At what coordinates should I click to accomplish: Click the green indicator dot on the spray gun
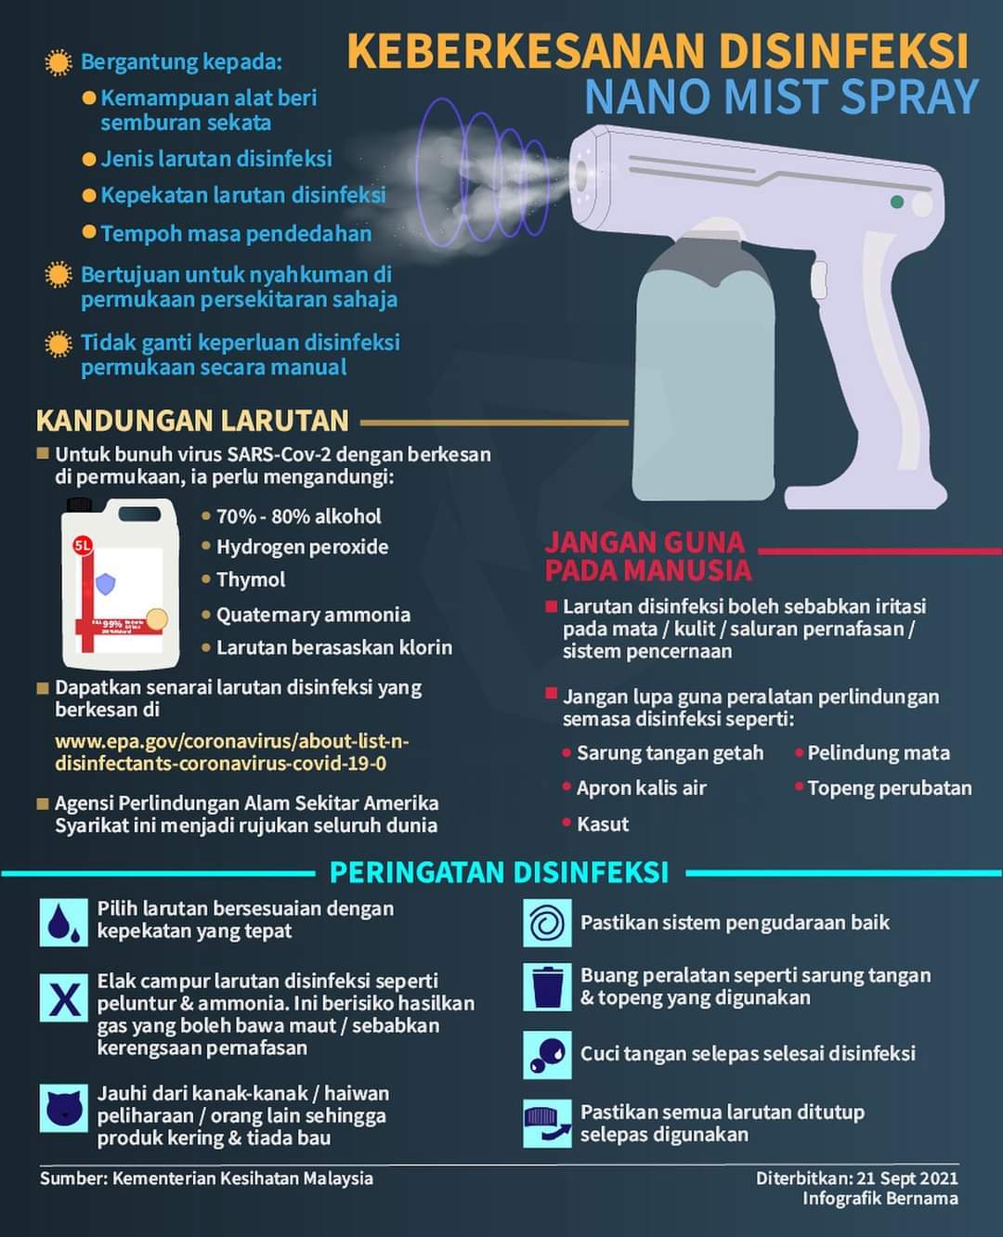coord(896,202)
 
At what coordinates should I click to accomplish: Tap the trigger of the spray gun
coord(818,280)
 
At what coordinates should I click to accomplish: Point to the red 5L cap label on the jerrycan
coord(83,545)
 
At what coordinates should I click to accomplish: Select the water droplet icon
coord(63,921)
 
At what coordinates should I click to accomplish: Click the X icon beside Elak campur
coord(63,998)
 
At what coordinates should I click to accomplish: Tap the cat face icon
coord(63,1107)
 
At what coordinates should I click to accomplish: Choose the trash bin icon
coord(547,986)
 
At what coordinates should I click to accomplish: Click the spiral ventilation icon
coord(547,923)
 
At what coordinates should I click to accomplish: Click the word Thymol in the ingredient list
coord(251,579)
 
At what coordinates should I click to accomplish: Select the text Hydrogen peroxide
coord(302,547)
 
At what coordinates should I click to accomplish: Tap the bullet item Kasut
coord(602,824)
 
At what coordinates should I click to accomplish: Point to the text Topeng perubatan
coord(889,788)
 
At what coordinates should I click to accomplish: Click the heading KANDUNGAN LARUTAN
coord(192,421)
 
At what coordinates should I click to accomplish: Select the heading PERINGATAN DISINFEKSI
coord(499,873)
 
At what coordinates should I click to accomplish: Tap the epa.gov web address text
coord(231,752)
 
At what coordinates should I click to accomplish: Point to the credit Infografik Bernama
coord(879,1198)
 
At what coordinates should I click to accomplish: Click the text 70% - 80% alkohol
coord(298,516)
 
